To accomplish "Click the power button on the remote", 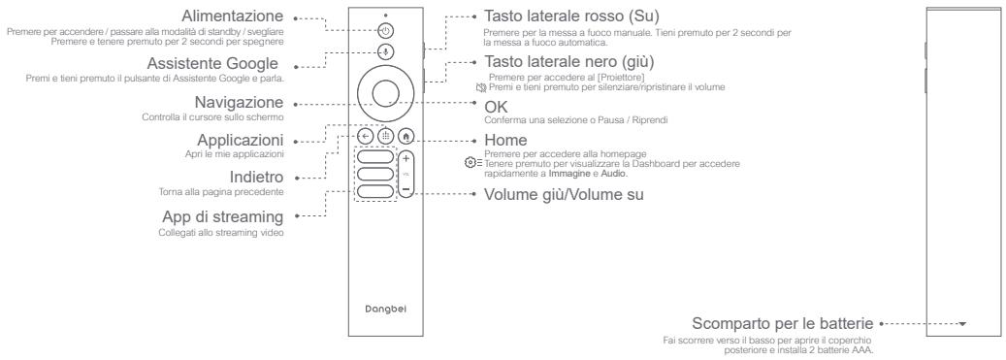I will pyautogui.click(x=386, y=30).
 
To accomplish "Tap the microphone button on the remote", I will pyautogui.click(x=386, y=54).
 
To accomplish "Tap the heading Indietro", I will pyautogui.click(x=256, y=177).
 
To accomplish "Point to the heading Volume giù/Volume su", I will pyautogui.click(x=558, y=194).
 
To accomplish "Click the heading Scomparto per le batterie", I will pyautogui.click(x=783, y=322).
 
